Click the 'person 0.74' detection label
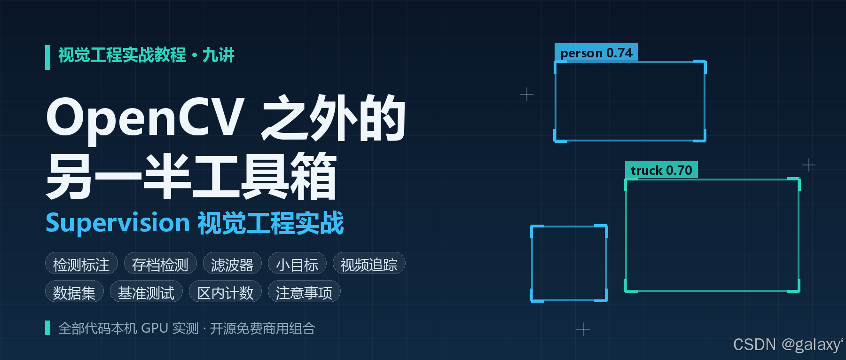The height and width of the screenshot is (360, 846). pos(596,53)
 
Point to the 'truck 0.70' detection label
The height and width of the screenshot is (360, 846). pos(661,170)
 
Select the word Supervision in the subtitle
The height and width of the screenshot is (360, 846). pos(117,223)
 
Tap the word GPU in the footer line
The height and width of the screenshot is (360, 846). pos(154,328)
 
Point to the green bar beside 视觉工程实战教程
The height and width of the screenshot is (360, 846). pos(47,57)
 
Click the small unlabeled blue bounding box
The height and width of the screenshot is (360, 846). pos(532,263)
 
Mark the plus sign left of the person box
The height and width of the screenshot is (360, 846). pos(526,94)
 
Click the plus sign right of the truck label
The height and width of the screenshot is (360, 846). pos(808,164)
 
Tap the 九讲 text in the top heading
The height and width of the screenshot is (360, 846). pos(218,55)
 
